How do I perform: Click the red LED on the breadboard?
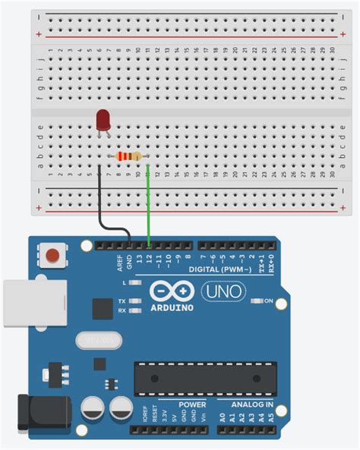(103, 120)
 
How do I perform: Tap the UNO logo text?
(224, 291)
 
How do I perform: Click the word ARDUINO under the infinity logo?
(171, 308)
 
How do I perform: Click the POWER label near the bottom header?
(192, 405)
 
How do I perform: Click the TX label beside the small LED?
(122, 301)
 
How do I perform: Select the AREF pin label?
(120, 262)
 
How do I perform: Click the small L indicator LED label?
(123, 282)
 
